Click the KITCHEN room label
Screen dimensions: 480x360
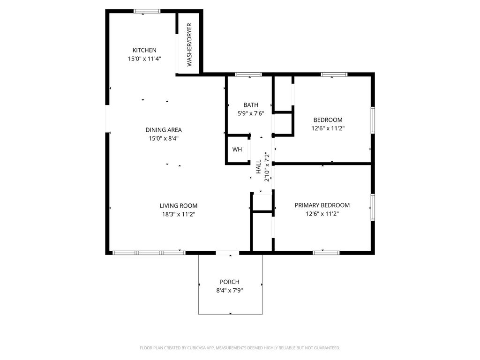tap(144, 50)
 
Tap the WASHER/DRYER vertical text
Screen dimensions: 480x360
tap(189, 45)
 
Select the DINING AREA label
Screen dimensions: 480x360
tap(164, 130)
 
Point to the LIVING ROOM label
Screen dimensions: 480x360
tap(179, 206)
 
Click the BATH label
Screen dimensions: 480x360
tap(251, 105)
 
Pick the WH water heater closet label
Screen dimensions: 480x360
tap(237, 150)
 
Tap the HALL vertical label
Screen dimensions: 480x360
tap(259, 166)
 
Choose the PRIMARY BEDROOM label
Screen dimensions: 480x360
tap(322, 205)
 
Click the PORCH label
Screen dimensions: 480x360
tap(230, 282)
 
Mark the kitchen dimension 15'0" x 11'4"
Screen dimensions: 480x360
tap(144, 59)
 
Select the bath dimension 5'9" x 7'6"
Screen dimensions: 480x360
tap(251, 113)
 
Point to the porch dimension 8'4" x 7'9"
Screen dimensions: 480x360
tap(230, 291)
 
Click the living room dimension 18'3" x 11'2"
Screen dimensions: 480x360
tap(179, 214)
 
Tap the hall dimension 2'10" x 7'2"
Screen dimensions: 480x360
tap(267, 166)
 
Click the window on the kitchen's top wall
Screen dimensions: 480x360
tap(147, 11)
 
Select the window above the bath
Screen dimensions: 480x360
tap(248, 75)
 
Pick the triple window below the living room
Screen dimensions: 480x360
tap(149, 253)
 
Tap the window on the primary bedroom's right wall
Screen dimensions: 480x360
tap(373, 207)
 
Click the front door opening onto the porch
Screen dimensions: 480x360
tap(227, 253)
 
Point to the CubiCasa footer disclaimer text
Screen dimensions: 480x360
tap(240, 348)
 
